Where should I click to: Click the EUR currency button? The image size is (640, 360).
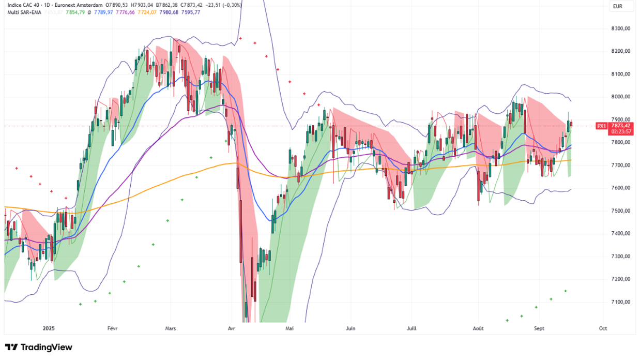(617, 6)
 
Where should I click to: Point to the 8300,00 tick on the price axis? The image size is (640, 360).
(620, 28)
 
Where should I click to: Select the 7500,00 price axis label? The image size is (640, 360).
(620, 211)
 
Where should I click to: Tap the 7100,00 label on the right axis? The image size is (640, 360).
(620, 302)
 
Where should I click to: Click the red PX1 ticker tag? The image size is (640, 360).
(601, 126)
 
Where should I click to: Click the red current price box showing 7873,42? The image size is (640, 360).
(620, 126)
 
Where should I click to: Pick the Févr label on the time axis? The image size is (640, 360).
(112, 328)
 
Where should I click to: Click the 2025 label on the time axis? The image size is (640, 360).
(49, 328)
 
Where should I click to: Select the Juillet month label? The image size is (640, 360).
(412, 328)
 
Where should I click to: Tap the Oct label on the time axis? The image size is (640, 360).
(602, 328)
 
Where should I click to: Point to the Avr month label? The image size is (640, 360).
(232, 328)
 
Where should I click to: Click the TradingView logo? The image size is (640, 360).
(39, 347)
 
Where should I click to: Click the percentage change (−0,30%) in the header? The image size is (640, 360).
(233, 5)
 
